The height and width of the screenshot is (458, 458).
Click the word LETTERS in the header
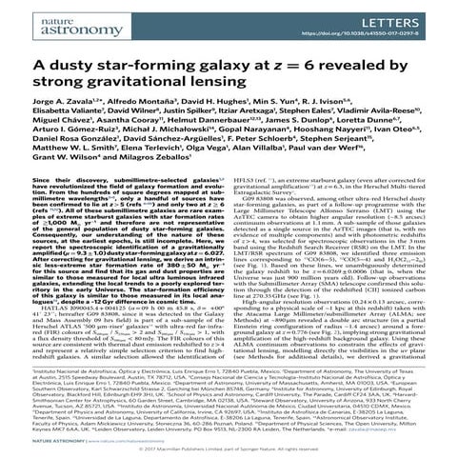[x=418, y=15]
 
